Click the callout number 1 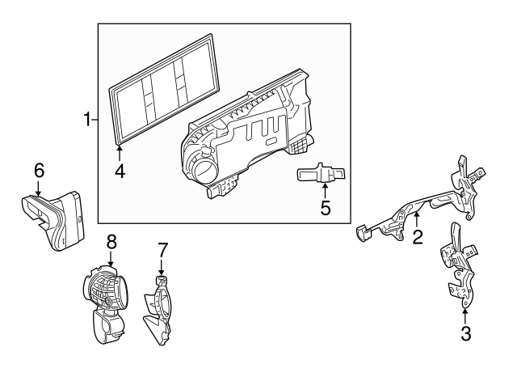(x=87, y=119)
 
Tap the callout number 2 (x=418, y=237)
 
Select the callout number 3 (x=465, y=333)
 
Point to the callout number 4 (x=120, y=171)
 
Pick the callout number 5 (x=326, y=208)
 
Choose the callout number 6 (x=39, y=171)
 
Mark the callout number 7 (x=162, y=250)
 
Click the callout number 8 (x=111, y=242)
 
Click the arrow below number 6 (x=39, y=188)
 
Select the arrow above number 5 (x=325, y=191)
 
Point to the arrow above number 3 (x=465, y=316)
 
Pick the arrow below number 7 (x=162, y=267)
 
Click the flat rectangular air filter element (x=164, y=89)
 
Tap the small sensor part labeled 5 (x=322, y=173)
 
